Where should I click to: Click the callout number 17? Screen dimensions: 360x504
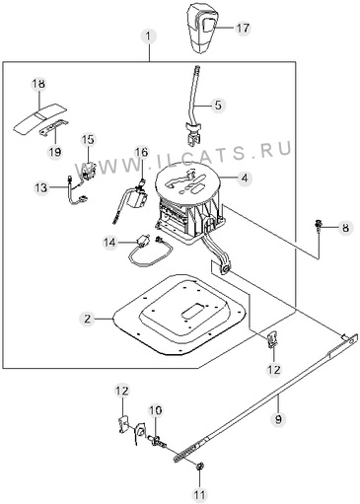pyautogui.click(x=243, y=29)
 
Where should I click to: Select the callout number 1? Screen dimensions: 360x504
pyautogui.click(x=149, y=36)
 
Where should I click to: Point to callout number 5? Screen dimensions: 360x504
pyautogui.click(x=218, y=106)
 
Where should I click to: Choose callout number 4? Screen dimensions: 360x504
pyautogui.click(x=245, y=179)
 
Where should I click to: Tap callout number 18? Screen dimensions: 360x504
pyautogui.click(x=38, y=84)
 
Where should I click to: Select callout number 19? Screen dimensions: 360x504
pyautogui.click(x=55, y=152)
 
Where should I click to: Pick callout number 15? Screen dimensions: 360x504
pyautogui.click(x=88, y=140)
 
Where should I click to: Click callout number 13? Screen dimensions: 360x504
pyautogui.click(x=41, y=188)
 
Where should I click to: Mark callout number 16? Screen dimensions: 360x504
pyautogui.click(x=141, y=152)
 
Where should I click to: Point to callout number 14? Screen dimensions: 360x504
pyautogui.click(x=110, y=243)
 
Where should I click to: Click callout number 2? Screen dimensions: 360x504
pyautogui.click(x=87, y=319)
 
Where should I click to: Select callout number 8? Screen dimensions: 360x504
pyautogui.click(x=345, y=228)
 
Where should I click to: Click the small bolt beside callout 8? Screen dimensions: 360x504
pyautogui.click(x=319, y=227)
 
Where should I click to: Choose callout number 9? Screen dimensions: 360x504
pyautogui.click(x=278, y=419)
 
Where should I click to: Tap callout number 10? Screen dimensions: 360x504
pyautogui.click(x=156, y=410)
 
